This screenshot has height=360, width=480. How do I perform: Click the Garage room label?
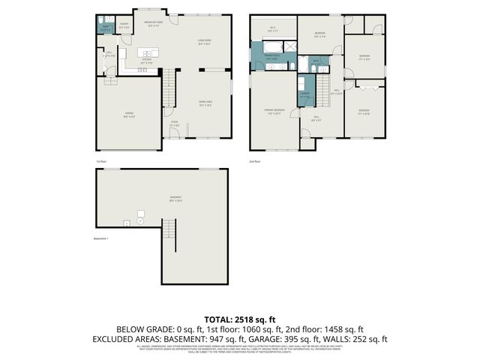click(x=130, y=114)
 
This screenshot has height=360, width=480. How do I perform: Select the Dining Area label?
click(x=205, y=104)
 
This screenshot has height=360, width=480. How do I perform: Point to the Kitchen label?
click(x=147, y=62)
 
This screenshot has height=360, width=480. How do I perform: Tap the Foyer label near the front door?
click(x=173, y=124)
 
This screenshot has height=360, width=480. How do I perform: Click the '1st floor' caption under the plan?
click(x=101, y=160)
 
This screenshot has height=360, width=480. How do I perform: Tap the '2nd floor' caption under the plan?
click(x=256, y=160)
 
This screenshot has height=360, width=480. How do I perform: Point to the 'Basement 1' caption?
click(x=101, y=239)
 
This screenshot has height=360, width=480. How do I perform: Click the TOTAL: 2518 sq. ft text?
click(x=239, y=319)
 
